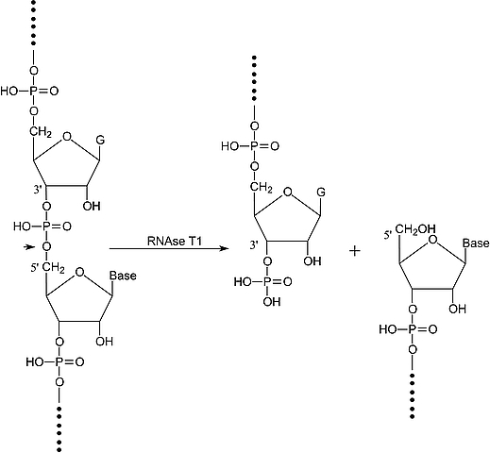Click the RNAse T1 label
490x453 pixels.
pyautogui.click(x=175, y=241)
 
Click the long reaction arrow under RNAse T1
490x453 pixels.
pyautogui.click(x=169, y=249)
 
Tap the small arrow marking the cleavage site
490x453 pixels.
pyautogui.click(x=29, y=247)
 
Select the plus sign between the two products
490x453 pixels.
pyautogui.click(x=355, y=251)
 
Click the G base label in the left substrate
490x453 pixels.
pyautogui.click(x=100, y=140)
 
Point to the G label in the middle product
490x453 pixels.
pyautogui.click(x=321, y=193)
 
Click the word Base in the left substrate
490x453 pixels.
pyautogui.click(x=123, y=276)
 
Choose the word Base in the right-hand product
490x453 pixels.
pyautogui.click(x=476, y=243)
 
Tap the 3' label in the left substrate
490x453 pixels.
pyautogui.click(x=38, y=190)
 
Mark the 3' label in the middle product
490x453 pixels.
pyautogui.click(x=254, y=245)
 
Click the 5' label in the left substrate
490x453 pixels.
pyautogui.click(x=36, y=269)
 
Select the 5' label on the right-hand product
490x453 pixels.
pyautogui.click(x=388, y=235)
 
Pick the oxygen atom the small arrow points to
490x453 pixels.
pyautogui.click(x=47, y=246)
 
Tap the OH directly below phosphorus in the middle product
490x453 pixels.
pyautogui.click(x=272, y=302)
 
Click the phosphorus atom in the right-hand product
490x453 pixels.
pyautogui.click(x=413, y=329)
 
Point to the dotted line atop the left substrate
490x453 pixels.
pyautogui.click(x=34, y=23)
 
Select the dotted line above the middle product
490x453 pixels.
pyautogui.click(x=254, y=78)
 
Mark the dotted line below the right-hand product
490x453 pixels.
pyautogui.click(x=413, y=395)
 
